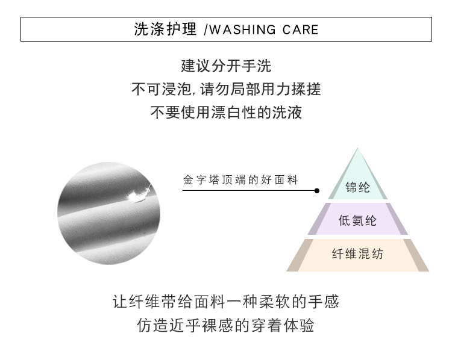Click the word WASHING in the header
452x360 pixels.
[243, 29]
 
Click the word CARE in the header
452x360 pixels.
[300, 29]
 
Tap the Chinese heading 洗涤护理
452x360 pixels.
[165, 29]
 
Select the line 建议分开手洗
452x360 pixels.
[226, 66]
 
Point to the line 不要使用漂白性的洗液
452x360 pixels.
[226, 112]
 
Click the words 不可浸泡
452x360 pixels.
[162, 89]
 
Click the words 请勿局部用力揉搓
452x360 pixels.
[260, 89]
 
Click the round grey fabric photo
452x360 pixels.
[108, 213]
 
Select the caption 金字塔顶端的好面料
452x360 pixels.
[240, 180]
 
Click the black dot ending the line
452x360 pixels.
[317, 191]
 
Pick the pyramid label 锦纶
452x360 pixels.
[357, 187]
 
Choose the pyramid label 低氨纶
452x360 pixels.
[357, 220]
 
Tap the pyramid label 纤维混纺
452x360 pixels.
[357, 254]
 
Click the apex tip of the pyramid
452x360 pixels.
[358, 147]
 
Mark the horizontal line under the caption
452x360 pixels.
[250, 191]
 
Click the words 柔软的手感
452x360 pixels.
[299, 302]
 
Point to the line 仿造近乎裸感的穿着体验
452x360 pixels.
[226, 326]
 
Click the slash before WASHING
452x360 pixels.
[206, 29]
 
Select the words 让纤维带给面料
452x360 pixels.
[169, 302]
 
